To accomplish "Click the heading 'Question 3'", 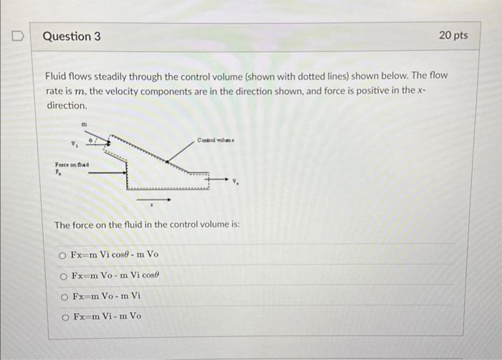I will pyautogui.click(x=71, y=36).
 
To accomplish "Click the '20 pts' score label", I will pyautogui.click(x=453, y=35).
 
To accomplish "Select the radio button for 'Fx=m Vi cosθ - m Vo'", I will pyautogui.click(x=63, y=255).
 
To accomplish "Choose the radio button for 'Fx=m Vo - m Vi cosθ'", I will pyautogui.click(x=63, y=277).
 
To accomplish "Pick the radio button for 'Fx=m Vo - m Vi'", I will pyautogui.click(x=63, y=295).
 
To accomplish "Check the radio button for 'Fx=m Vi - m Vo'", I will pyautogui.click(x=63, y=316).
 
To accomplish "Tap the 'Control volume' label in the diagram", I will pyautogui.click(x=216, y=140).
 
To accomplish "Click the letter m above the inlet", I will pyautogui.click(x=84, y=124).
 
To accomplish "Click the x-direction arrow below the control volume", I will pyautogui.click(x=153, y=199).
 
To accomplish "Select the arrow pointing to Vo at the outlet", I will pyautogui.click(x=219, y=179).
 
